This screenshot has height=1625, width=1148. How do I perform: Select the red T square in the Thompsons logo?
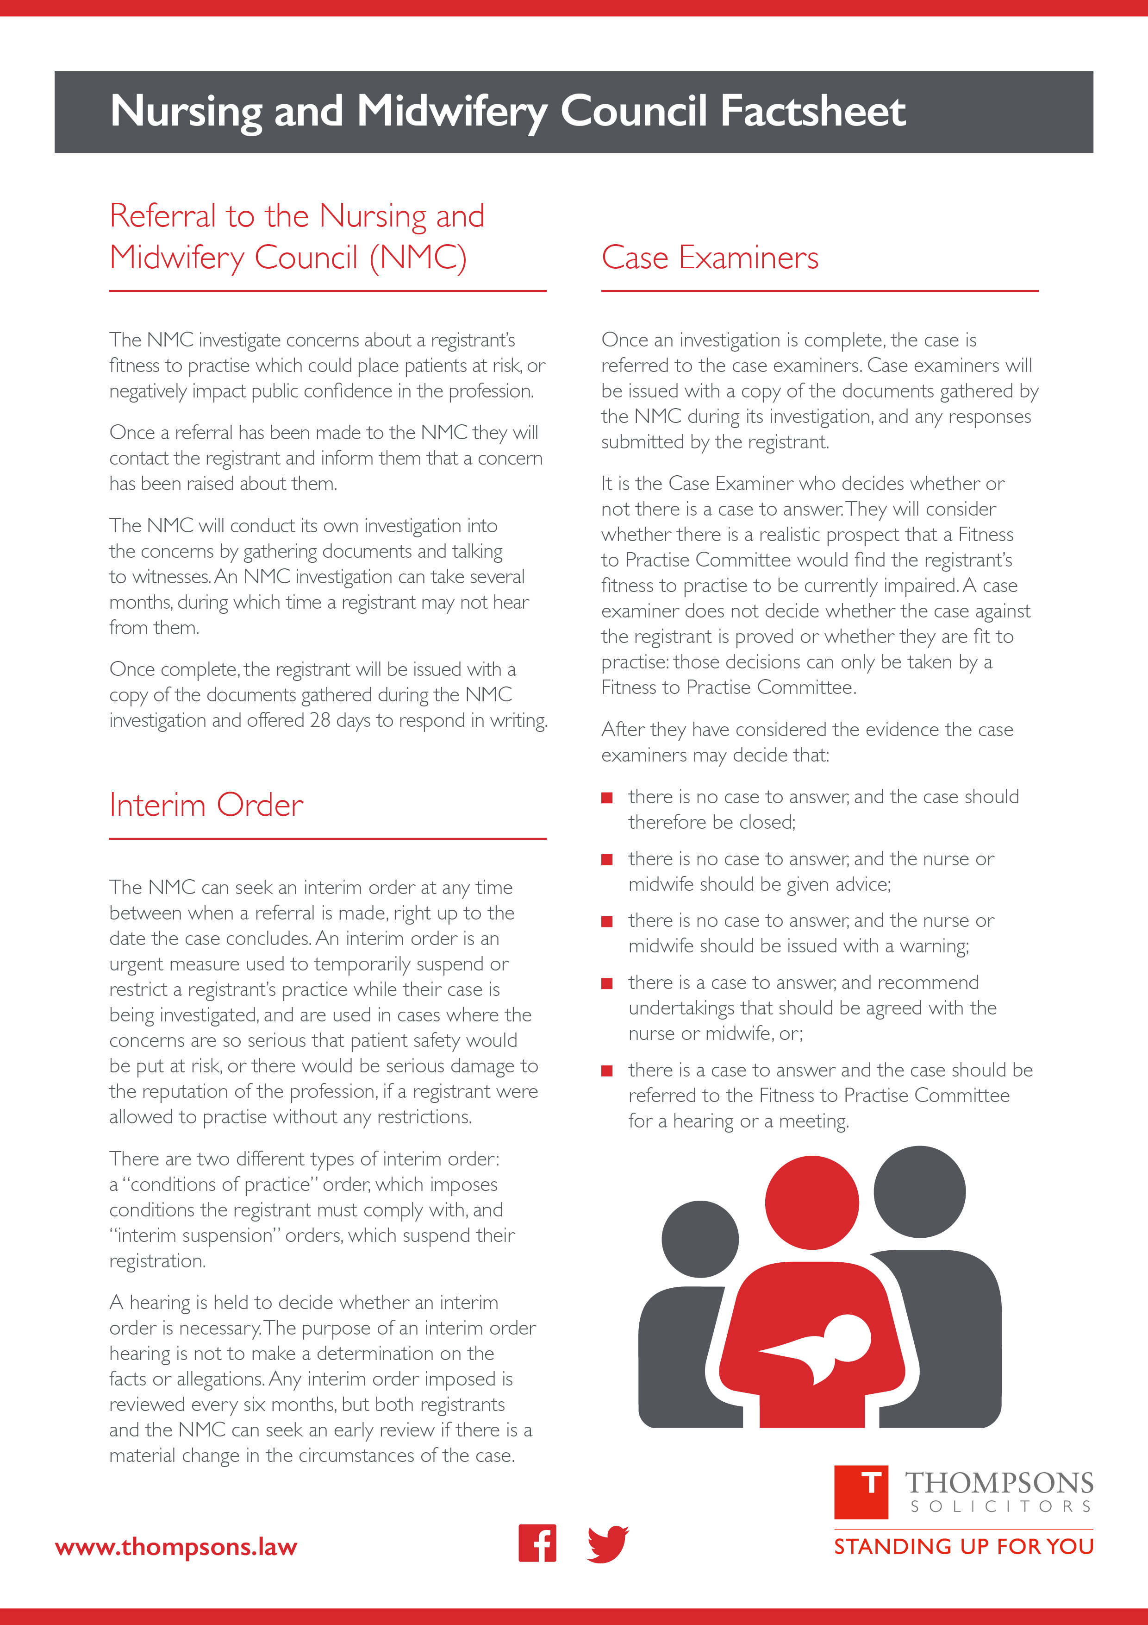click(861, 1493)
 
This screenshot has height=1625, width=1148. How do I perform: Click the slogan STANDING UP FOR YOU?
click(963, 1546)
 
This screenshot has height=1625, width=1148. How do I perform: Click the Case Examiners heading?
click(710, 258)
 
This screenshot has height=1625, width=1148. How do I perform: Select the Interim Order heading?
click(206, 806)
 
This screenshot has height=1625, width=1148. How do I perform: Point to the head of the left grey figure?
click(699, 1239)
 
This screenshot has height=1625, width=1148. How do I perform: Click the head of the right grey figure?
click(919, 1192)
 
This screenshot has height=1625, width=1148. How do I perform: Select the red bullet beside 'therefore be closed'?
click(606, 798)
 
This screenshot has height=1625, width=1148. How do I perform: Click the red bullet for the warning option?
click(606, 921)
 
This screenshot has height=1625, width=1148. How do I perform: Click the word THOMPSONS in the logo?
click(999, 1483)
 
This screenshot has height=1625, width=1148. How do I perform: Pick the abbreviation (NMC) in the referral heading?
click(418, 258)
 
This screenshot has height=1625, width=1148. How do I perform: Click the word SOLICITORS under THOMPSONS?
click(1000, 1507)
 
